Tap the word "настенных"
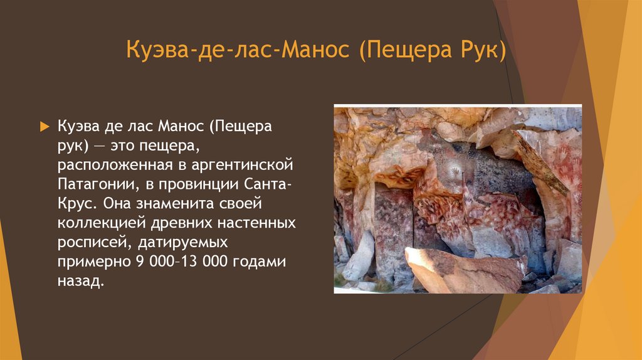point(257,223)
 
